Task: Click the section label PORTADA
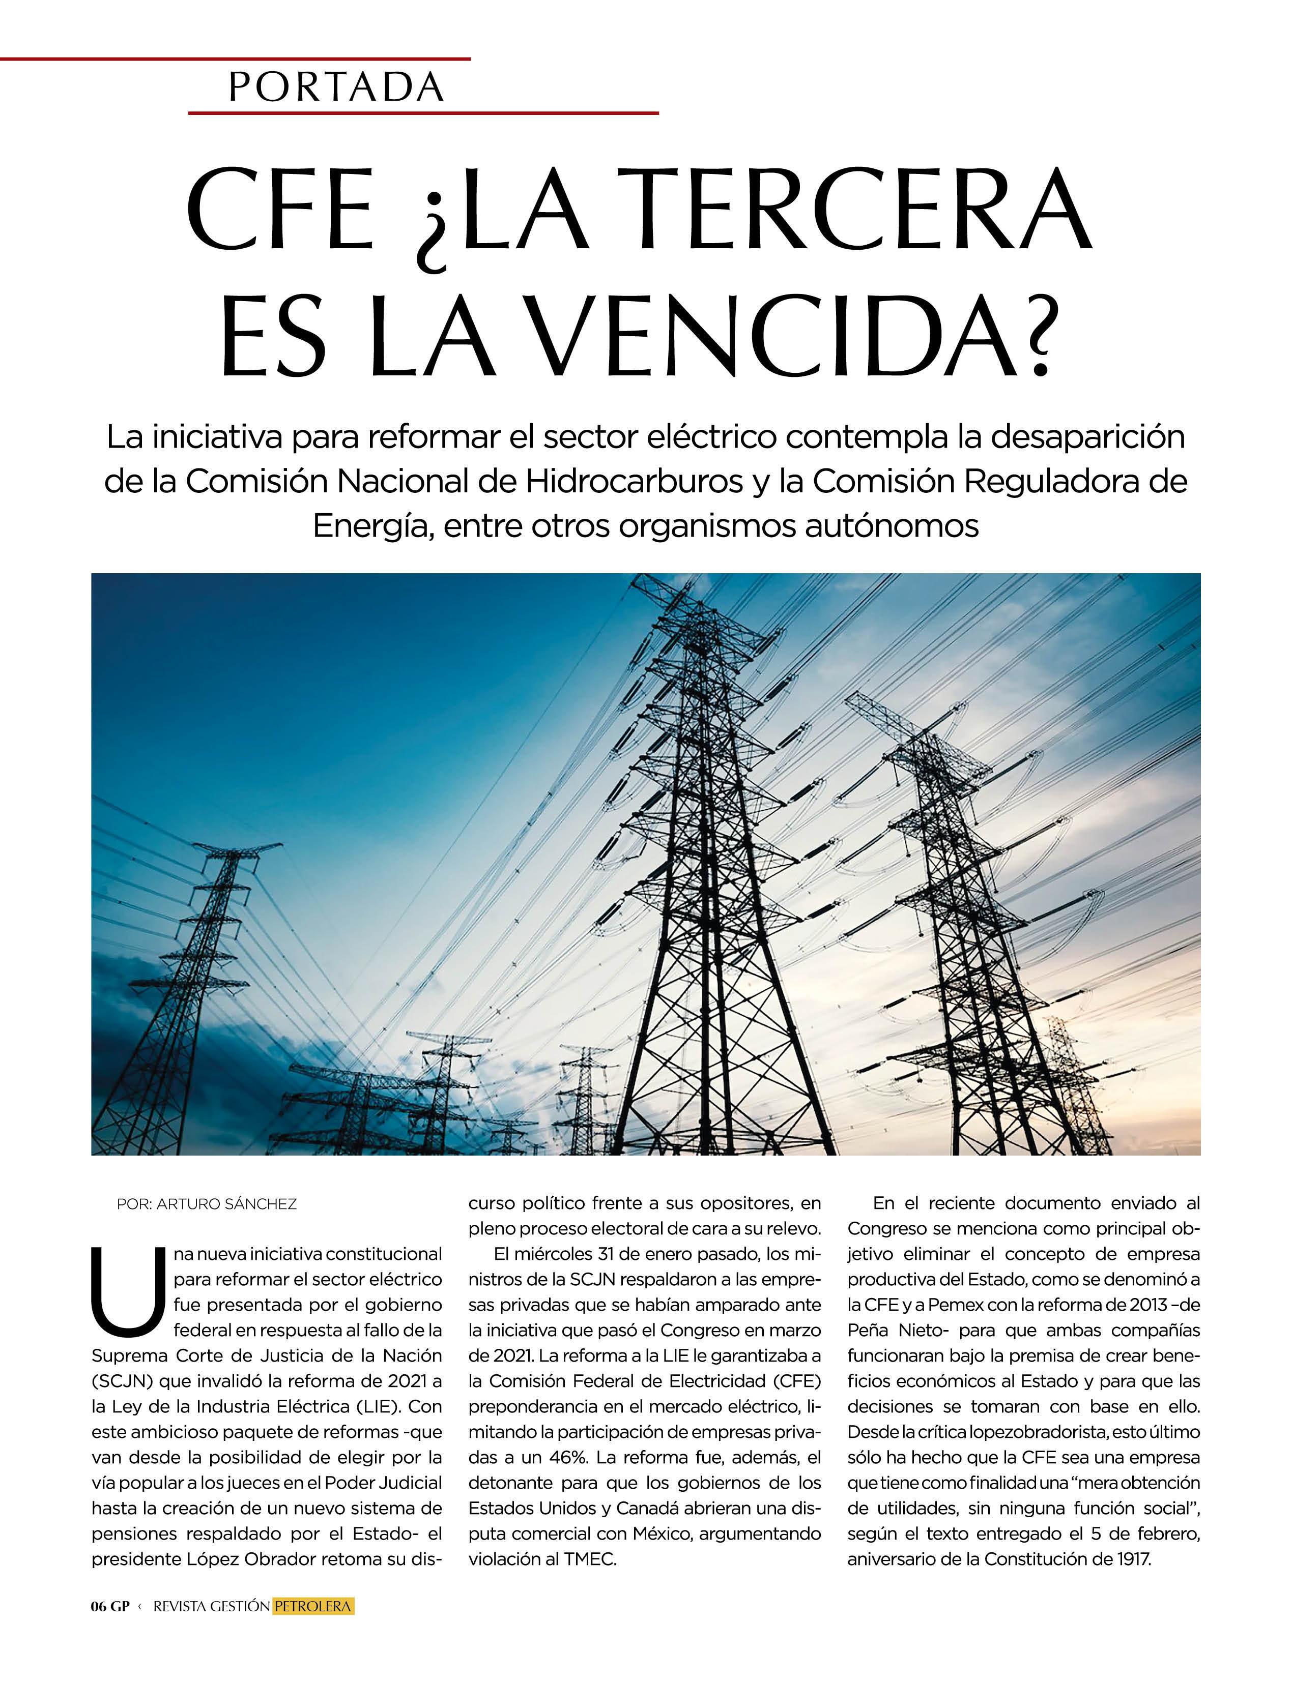[336, 87]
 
